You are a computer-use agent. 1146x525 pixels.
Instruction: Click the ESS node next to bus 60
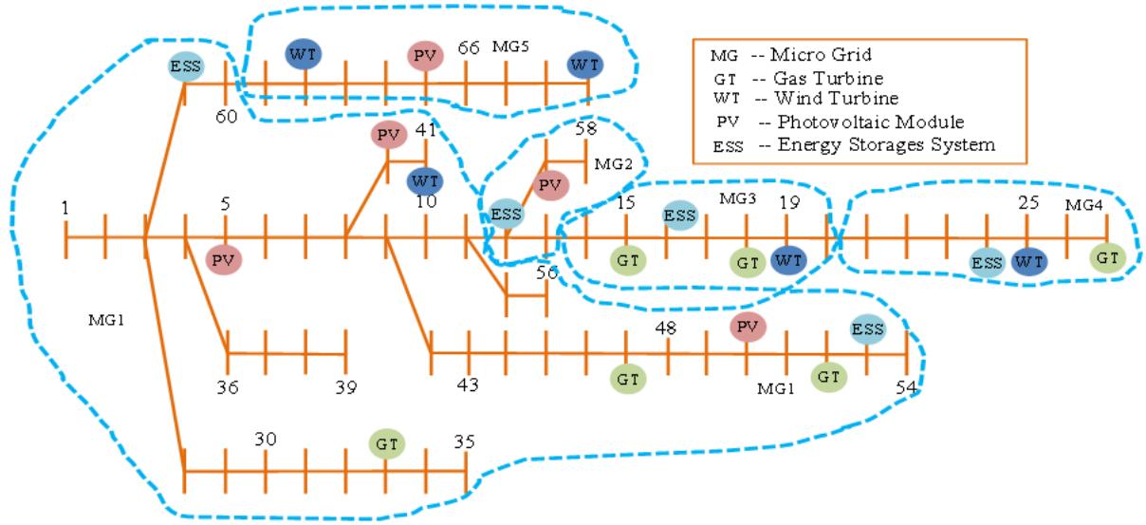(184, 66)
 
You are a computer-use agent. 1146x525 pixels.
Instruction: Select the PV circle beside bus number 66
(426, 56)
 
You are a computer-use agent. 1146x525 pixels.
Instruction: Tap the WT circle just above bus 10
(425, 178)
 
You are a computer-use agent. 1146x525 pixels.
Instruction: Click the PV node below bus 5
(225, 259)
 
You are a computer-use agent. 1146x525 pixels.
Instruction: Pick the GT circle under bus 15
(626, 259)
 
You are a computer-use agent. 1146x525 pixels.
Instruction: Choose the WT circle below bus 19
(786, 260)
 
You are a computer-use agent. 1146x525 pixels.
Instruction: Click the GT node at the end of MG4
(1106, 256)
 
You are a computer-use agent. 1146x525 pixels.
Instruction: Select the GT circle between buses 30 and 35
(386, 442)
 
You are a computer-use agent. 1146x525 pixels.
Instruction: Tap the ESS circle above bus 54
(867, 329)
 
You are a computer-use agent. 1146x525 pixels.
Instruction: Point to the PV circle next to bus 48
(748, 328)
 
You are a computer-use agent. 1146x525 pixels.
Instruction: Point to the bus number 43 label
(468, 385)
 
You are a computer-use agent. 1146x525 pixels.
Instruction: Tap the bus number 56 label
(546, 272)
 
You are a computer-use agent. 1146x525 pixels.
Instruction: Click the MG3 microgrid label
(737, 200)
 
